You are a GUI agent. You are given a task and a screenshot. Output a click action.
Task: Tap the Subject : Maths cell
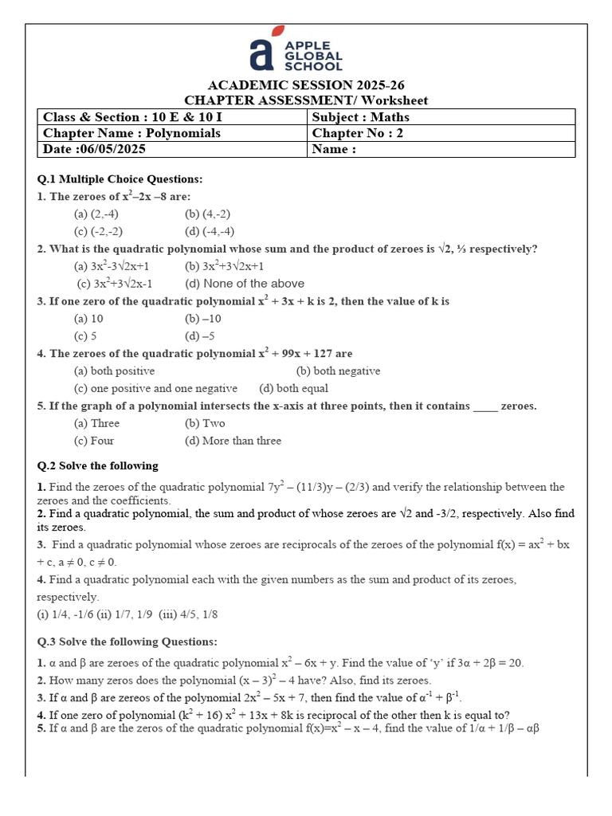pos(360,117)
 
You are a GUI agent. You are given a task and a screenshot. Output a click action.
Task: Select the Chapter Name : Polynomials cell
pos(131,133)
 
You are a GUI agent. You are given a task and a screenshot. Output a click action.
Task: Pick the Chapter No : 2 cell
pos(357,133)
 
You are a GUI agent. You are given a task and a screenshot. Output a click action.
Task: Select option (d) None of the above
pos(245,284)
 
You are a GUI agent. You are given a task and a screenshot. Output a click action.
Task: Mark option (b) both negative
pos(338,371)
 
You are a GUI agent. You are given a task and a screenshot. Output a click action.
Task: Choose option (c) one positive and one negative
pos(155,389)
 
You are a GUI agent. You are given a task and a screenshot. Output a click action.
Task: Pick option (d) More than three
pos(233,441)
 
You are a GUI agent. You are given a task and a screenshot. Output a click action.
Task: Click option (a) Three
pos(96,423)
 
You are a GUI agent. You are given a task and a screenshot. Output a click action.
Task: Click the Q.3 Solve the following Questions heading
pos(127,641)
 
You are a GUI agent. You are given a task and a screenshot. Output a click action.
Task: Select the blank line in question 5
pos(485,407)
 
